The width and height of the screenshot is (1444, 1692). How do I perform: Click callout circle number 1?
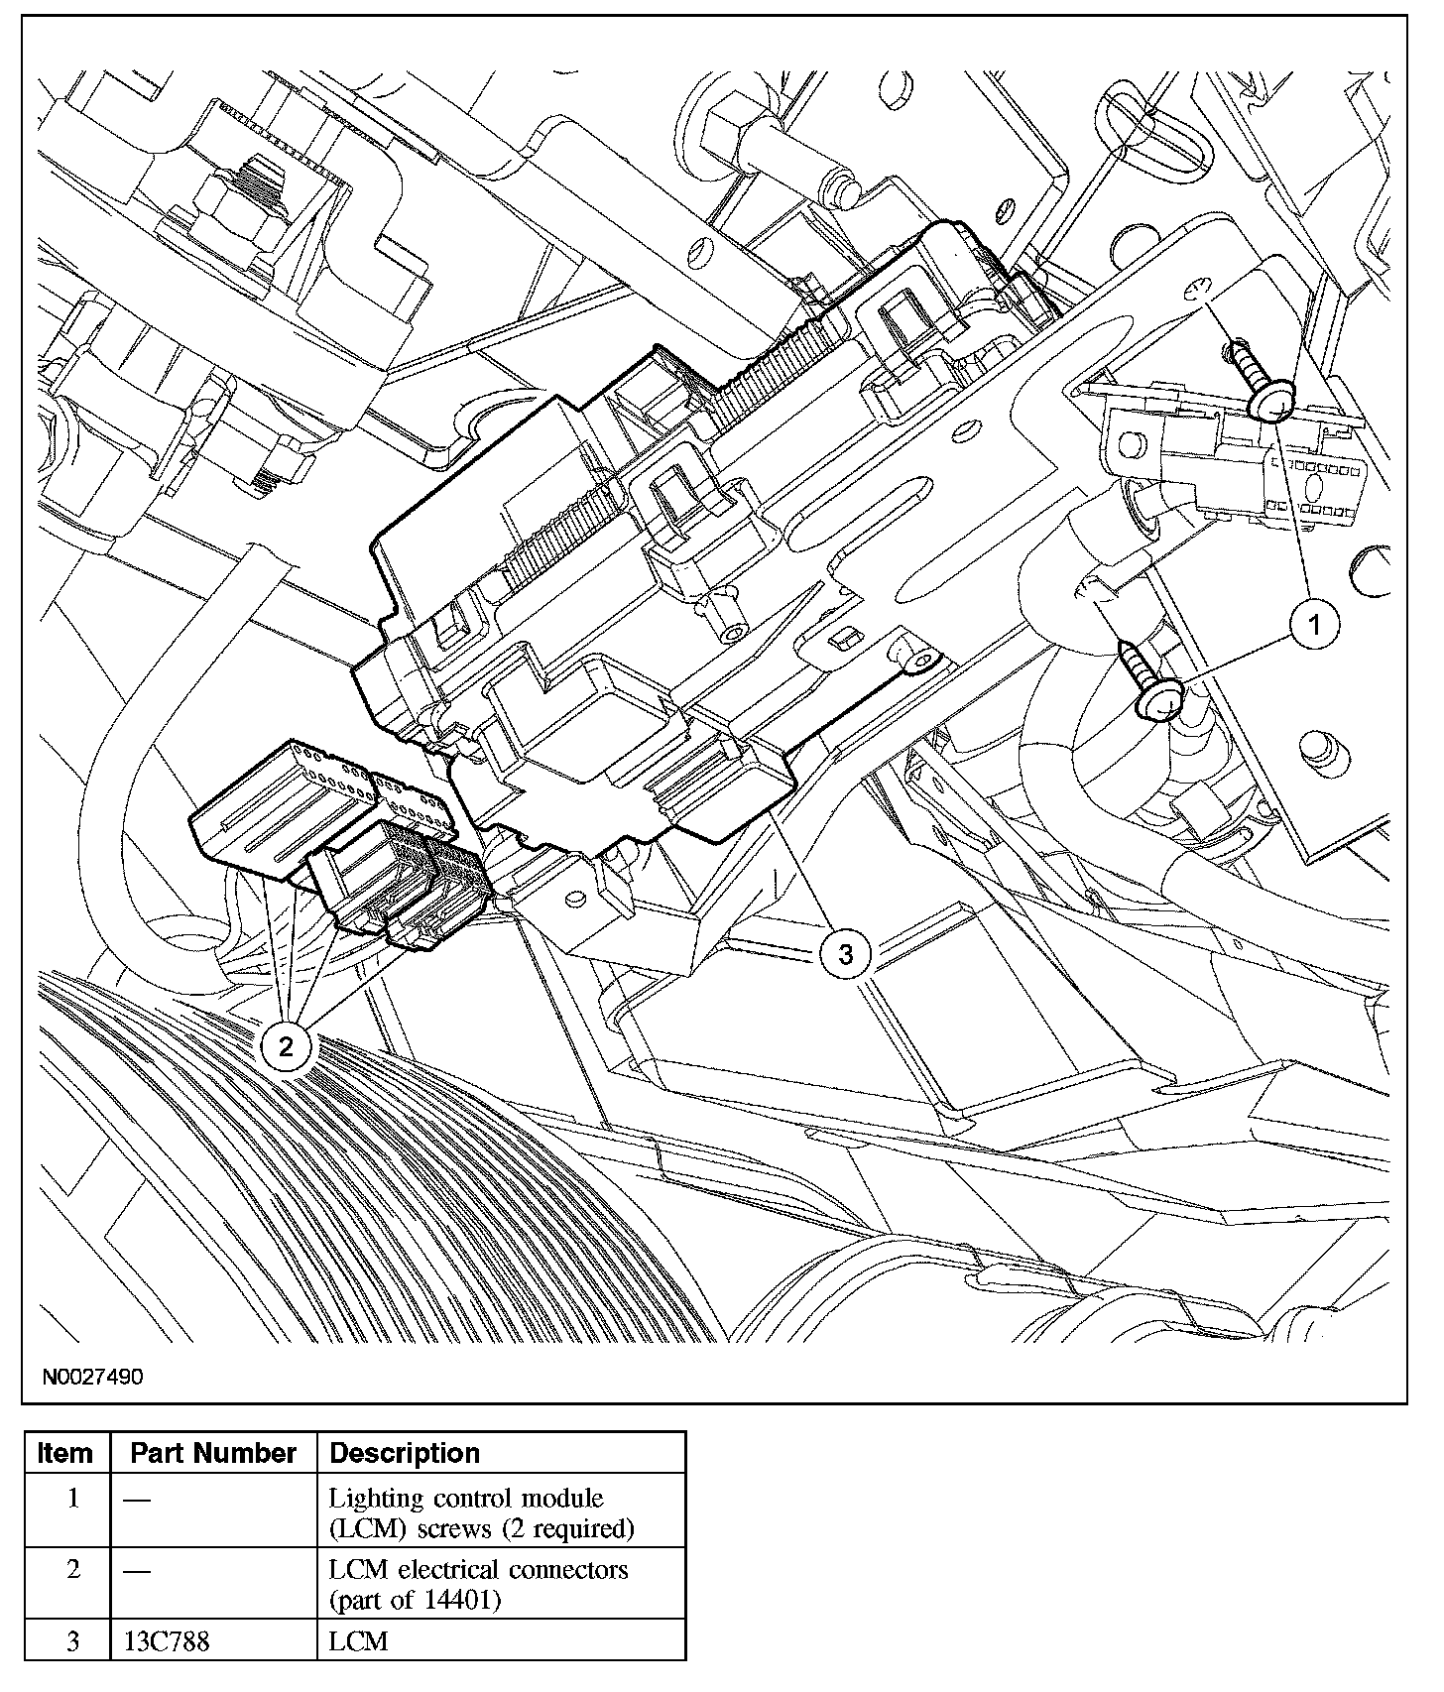(1314, 625)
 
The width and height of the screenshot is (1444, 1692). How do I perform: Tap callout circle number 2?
(287, 1046)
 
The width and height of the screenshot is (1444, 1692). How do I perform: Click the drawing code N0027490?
(93, 1377)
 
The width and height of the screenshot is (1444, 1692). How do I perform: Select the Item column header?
(65, 1453)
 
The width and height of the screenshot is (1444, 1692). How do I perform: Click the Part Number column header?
(213, 1453)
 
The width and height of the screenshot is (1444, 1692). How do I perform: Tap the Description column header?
(405, 1453)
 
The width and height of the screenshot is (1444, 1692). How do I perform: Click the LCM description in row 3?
(359, 1641)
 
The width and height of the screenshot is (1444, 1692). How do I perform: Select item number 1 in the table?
(72, 1498)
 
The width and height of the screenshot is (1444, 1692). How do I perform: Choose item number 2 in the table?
(72, 1570)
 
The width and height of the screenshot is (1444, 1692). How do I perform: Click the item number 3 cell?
(72, 1641)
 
